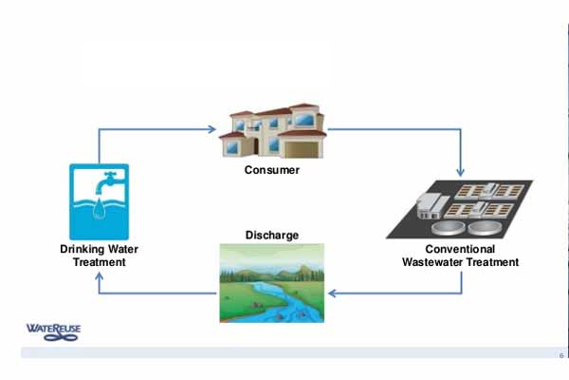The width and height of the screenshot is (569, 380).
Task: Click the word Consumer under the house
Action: [271, 171]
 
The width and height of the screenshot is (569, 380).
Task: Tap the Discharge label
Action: [271, 235]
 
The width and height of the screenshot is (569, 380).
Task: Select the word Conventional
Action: [460, 250]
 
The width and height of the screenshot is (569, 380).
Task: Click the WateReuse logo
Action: [55, 331]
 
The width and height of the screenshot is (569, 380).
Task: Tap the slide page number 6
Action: [560, 355]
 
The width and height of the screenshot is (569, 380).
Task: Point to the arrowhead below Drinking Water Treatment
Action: [99, 275]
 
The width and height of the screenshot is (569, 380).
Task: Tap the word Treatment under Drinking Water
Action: [99, 262]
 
